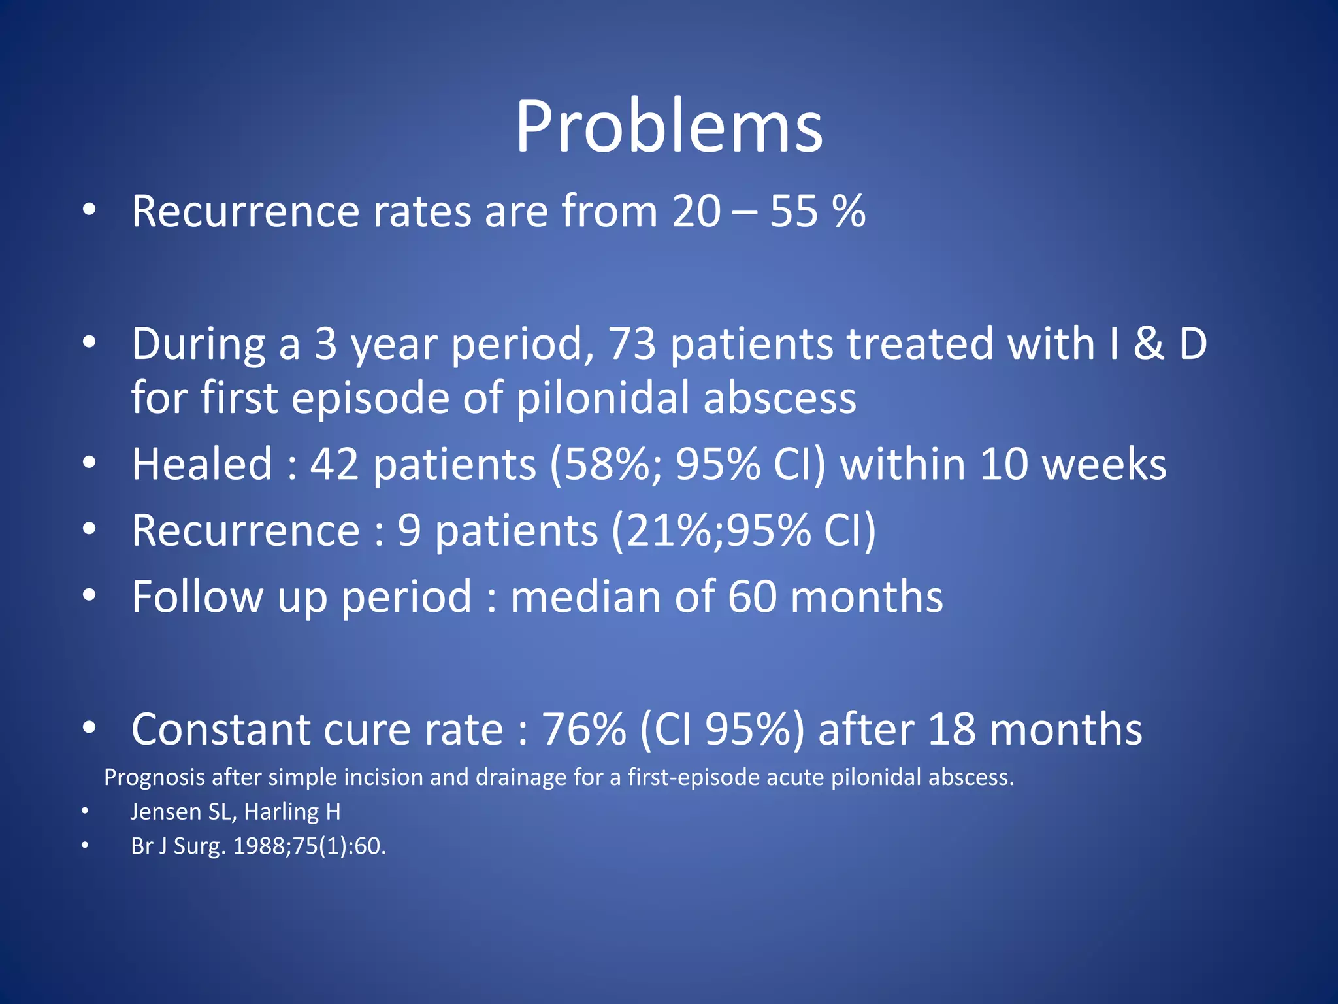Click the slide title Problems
coord(668,127)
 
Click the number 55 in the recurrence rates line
coord(794,212)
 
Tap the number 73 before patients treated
coord(632,344)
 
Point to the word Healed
coord(202,465)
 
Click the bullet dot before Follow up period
coord(90,595)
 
